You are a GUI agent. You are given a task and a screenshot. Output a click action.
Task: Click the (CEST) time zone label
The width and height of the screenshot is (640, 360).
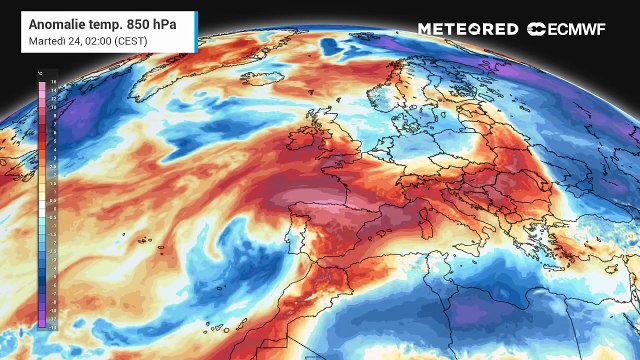133,40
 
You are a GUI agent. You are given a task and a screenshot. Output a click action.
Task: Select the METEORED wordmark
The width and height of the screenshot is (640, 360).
468,29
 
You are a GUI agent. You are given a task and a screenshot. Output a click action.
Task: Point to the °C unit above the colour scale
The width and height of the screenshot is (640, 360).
37,75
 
